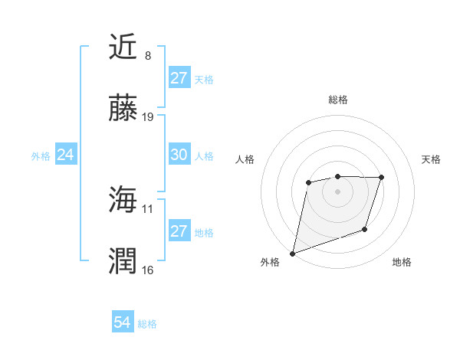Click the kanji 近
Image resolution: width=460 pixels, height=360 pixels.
(123, 47)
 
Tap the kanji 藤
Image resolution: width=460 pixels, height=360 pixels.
(123, 108)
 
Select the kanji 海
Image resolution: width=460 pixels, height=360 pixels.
(123, 199)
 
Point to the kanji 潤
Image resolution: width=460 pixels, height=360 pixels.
(123, 260)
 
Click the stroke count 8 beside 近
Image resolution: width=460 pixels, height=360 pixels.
(148, 56)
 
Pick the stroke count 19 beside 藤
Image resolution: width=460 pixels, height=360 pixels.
(148, 117)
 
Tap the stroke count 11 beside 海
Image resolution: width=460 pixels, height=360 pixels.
(148, 208)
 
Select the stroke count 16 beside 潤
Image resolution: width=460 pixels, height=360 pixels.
(148, 270)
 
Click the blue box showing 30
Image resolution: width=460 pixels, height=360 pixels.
(179, 155)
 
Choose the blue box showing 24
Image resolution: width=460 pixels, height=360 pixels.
(65, 155)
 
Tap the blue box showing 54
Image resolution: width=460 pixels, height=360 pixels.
(122, 323)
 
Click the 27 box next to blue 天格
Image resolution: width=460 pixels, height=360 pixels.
(179, 78)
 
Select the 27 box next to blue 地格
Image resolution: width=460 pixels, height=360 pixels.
(179, 231)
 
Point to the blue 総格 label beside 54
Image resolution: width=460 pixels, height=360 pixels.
(147, 324)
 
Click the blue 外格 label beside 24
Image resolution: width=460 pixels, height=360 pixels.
(41, 155)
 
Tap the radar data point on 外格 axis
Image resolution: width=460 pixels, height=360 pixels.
(292, 253)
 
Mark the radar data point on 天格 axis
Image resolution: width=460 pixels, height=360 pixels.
(382, 178)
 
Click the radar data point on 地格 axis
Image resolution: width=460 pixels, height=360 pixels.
(365, 229)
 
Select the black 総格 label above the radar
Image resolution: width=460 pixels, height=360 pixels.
(337, 100)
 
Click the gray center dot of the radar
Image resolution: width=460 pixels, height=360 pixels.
(337, 191)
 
